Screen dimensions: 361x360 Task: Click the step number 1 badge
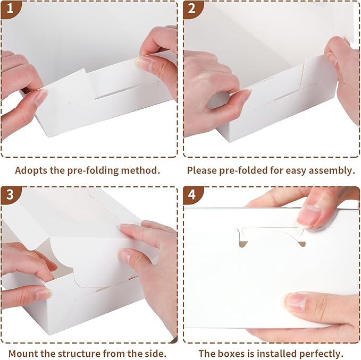10,8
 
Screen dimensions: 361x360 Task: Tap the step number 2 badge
192,8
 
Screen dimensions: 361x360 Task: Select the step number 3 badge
10,195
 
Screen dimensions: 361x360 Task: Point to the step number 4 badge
192,195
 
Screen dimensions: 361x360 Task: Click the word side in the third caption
156,354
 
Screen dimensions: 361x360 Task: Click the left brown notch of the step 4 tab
243,244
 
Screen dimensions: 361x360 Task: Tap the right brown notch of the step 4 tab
303,244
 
